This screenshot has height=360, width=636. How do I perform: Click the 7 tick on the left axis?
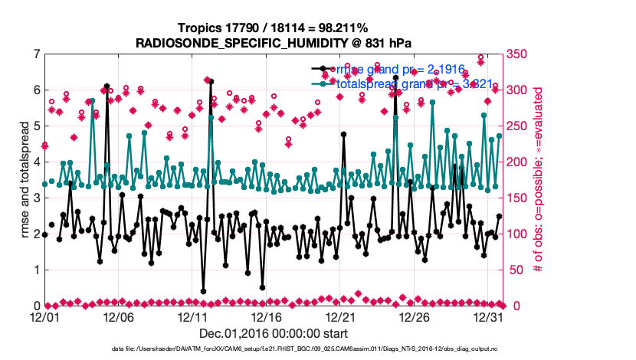coord(36,54)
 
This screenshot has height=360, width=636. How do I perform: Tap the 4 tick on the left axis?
coord(36,162)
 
